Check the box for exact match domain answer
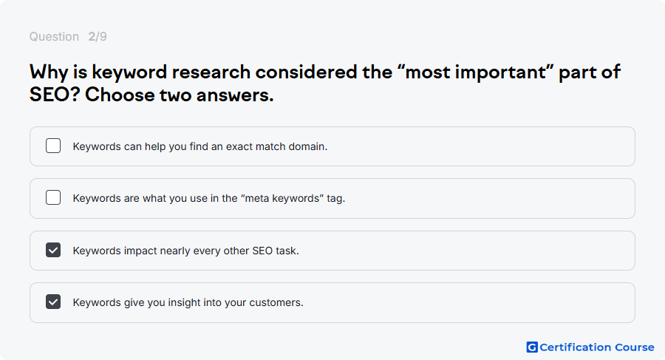point(53,146)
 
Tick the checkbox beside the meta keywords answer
point(53,197)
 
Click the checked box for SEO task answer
point(53,250)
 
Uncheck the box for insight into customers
point(53,302)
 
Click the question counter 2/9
point(98,36)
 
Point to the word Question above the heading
point(54,37)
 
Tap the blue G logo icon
point(532,347)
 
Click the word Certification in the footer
point(575,347)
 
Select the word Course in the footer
point(635,347)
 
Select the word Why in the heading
point(48,72)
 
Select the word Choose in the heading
point(120,94)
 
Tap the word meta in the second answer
point(256,198)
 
